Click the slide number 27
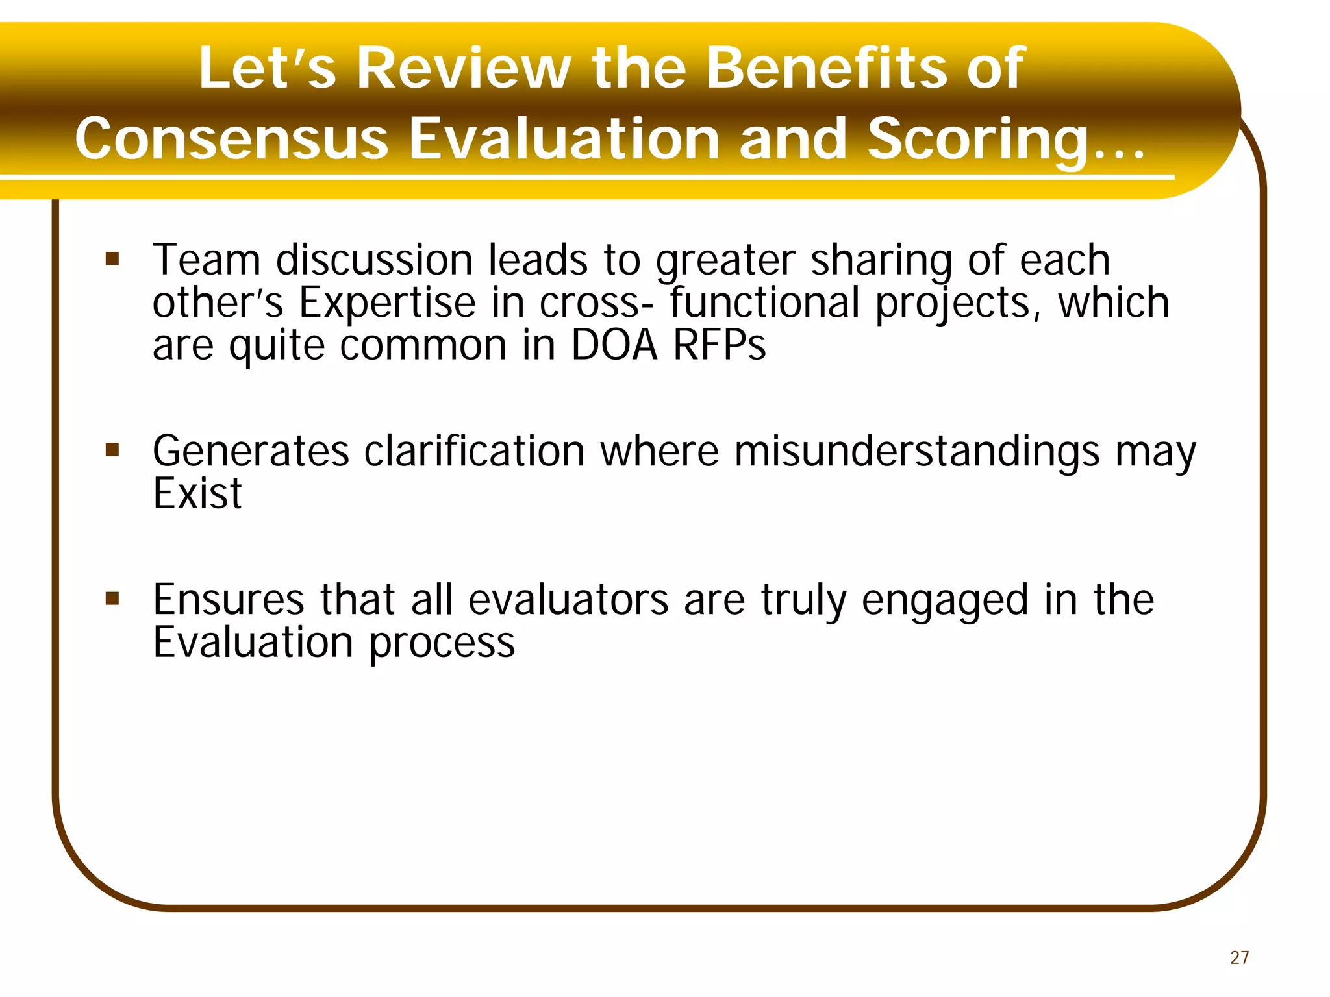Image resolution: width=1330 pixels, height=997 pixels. pos(1239,957)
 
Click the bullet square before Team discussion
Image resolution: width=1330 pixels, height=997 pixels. pos(112,260)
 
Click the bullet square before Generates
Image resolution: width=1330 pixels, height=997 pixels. pos(112,450)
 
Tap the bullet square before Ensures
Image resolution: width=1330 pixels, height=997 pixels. pos(112,598)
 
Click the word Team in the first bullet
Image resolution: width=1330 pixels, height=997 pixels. pos(207,260)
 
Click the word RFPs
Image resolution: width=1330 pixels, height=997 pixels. pos(719,345)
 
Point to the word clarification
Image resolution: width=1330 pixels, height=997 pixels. pos(474,450)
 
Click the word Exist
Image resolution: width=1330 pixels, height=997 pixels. pos(197,493)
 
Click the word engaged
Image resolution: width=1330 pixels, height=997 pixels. pos(945,600)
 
